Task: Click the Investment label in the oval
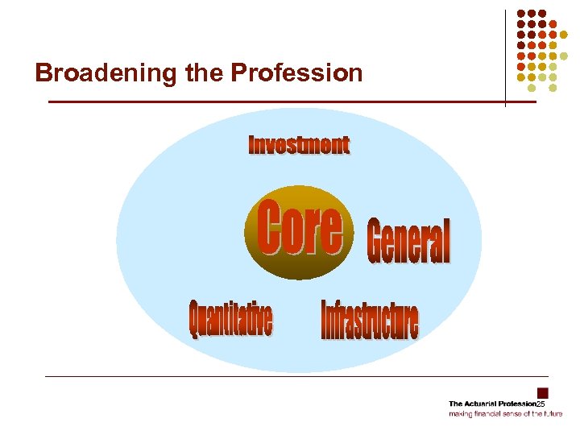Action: click(x=299, y=145)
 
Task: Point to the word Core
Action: click(x=300, y=229)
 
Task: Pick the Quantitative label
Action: click(x=230, y=319)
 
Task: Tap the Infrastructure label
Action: click(x=370, y=320)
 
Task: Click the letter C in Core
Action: click(x=269, y=229)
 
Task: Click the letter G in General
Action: click(x=377, y=242)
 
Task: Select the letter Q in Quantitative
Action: click(x=194, y=320)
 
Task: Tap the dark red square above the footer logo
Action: click(x=543, y=393)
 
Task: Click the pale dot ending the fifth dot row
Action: click(x=564, y=56)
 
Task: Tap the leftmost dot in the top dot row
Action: click(x=520, y=14)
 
